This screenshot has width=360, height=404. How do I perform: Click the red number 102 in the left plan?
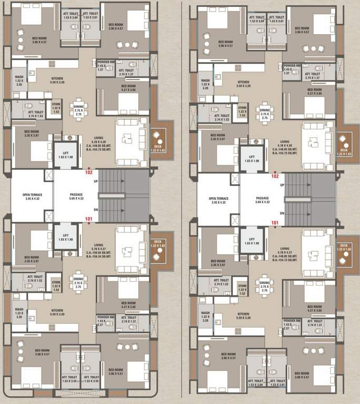[88, 171]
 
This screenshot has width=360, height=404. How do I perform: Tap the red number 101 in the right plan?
[274, 223]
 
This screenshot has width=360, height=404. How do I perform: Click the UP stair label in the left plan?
[95, 181]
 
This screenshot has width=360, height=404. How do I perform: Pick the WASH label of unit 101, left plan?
[19, 311]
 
